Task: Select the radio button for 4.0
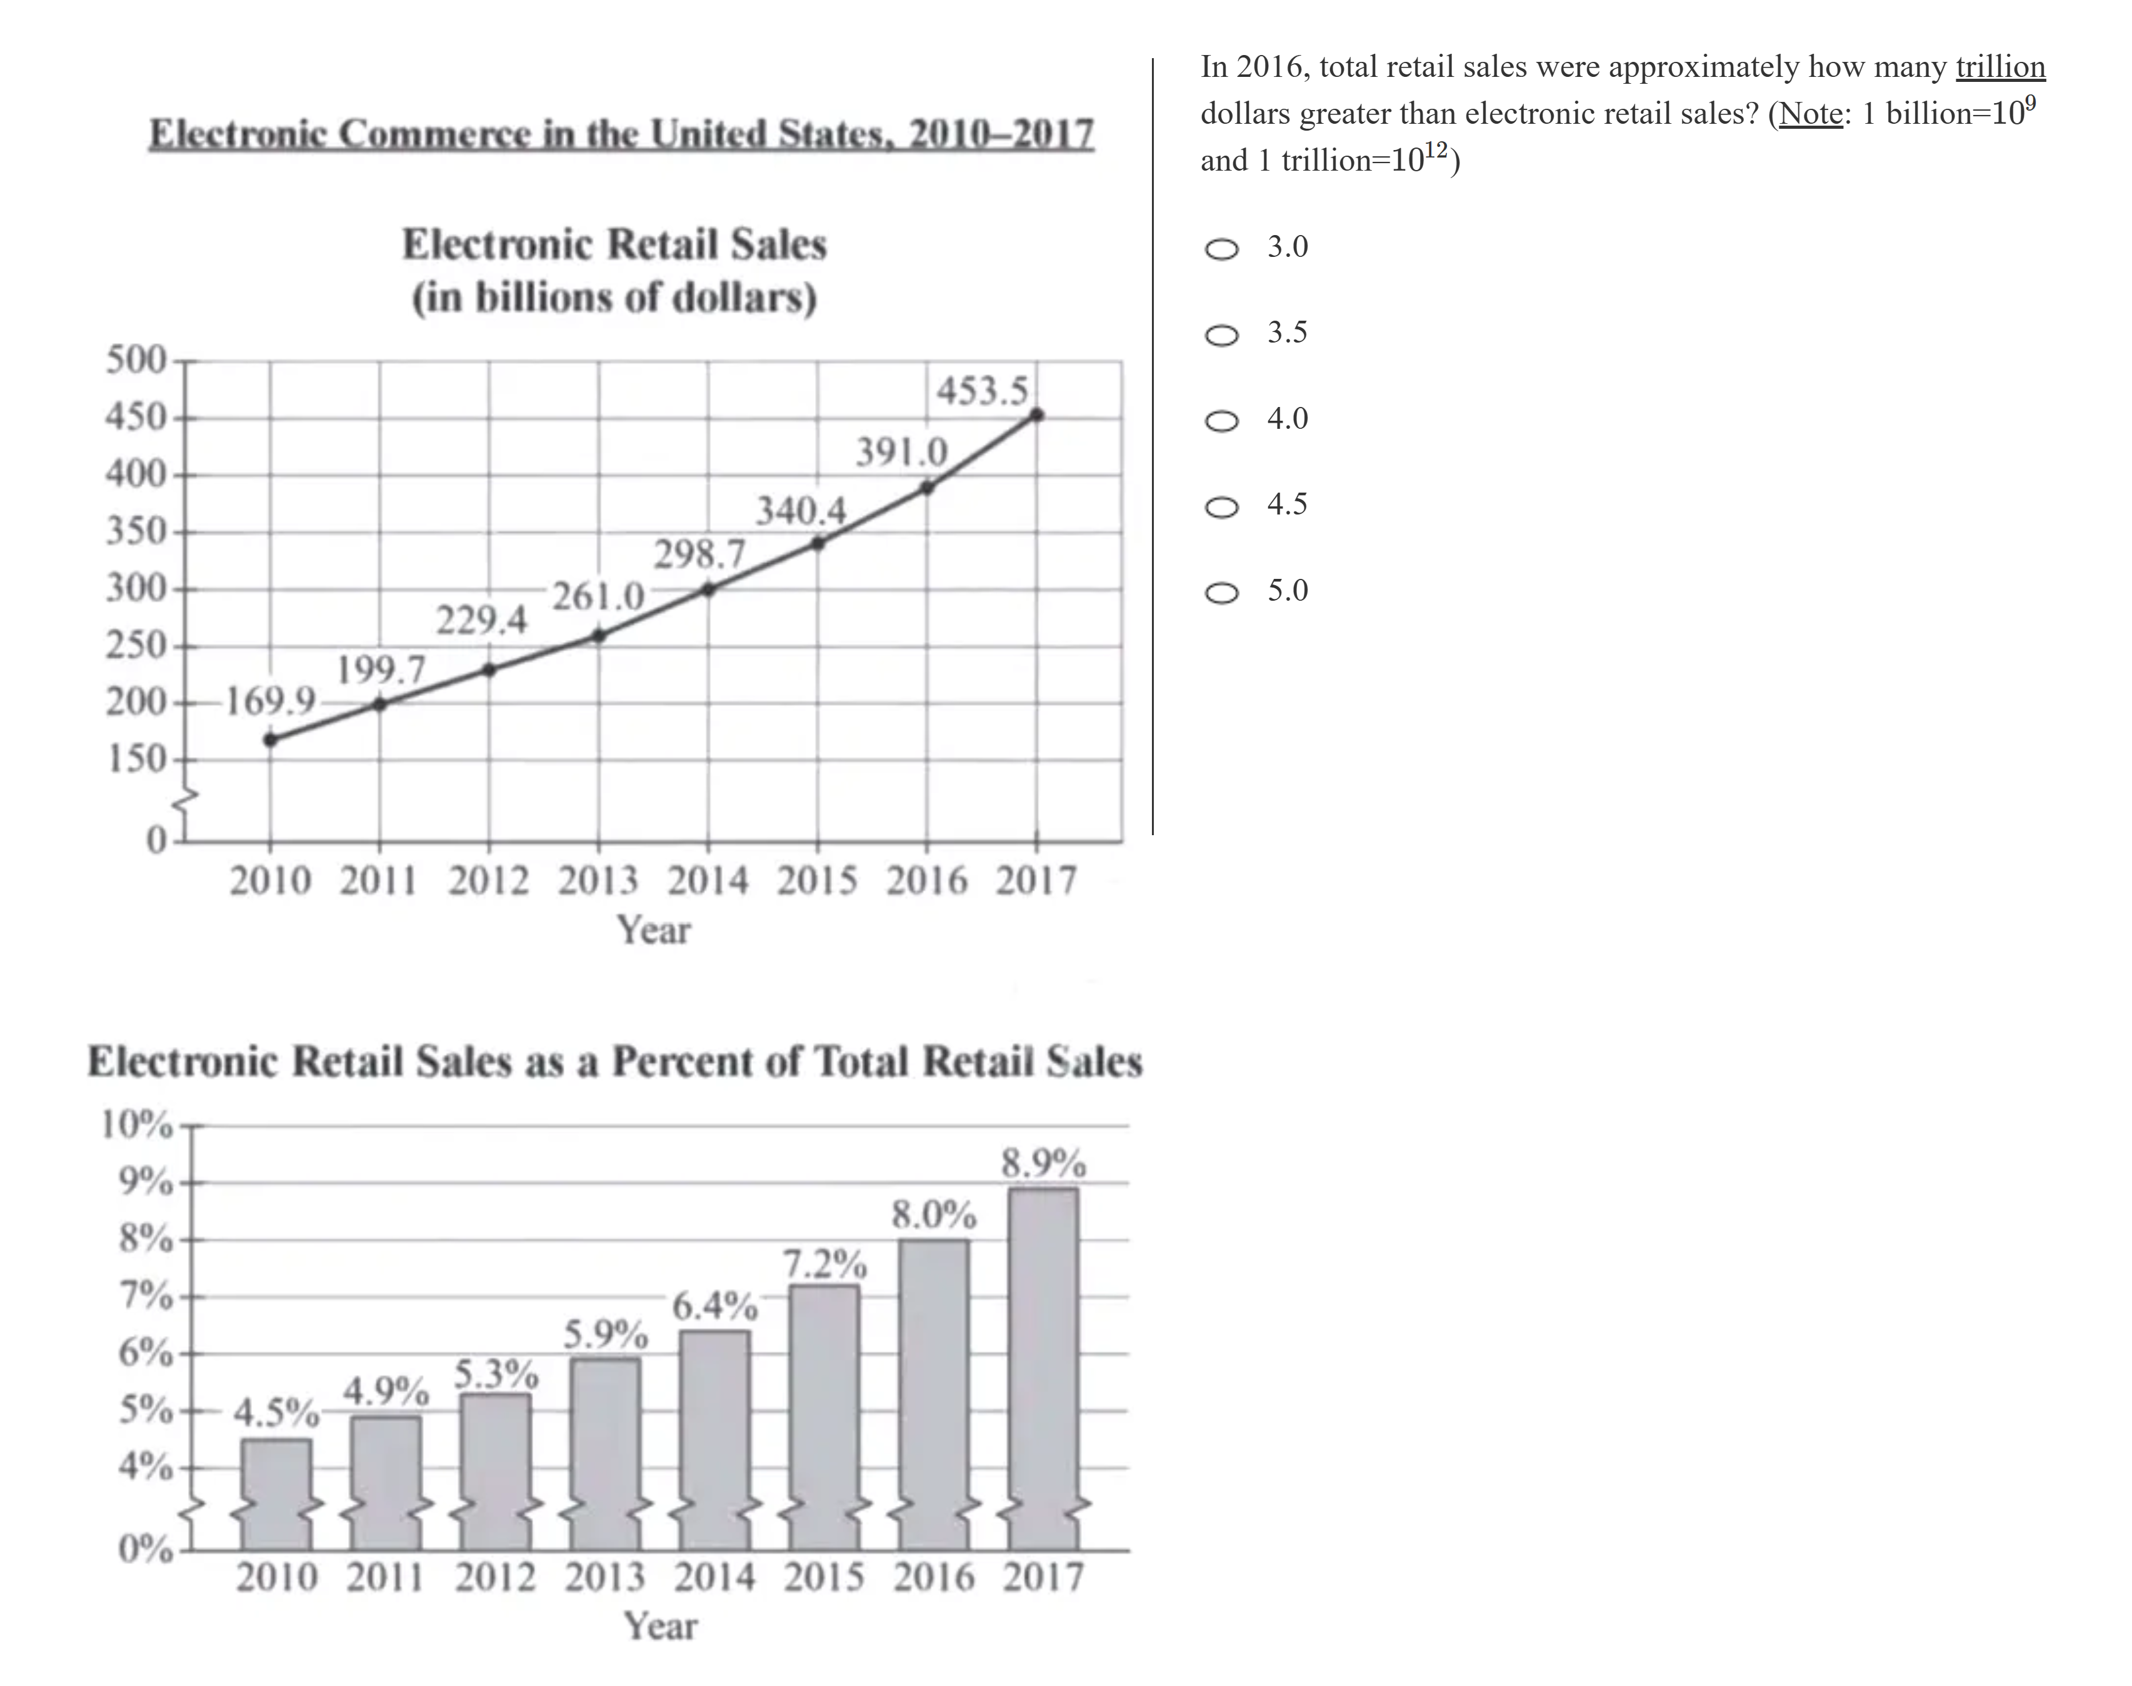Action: (x=1222, y=421)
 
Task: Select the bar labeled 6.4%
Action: (x=714, y=1432)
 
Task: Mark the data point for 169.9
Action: (x=271, y=740)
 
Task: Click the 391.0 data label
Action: (x=901, y=452)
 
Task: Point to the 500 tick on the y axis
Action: (x=136, y=359)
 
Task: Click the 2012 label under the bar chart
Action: (x=496, y=1577)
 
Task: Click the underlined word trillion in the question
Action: (x=1999, y=67)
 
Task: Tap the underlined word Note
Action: (x=1810, y=114)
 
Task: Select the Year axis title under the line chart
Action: (x=653, y=930)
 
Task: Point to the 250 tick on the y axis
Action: (x=136, y=646)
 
